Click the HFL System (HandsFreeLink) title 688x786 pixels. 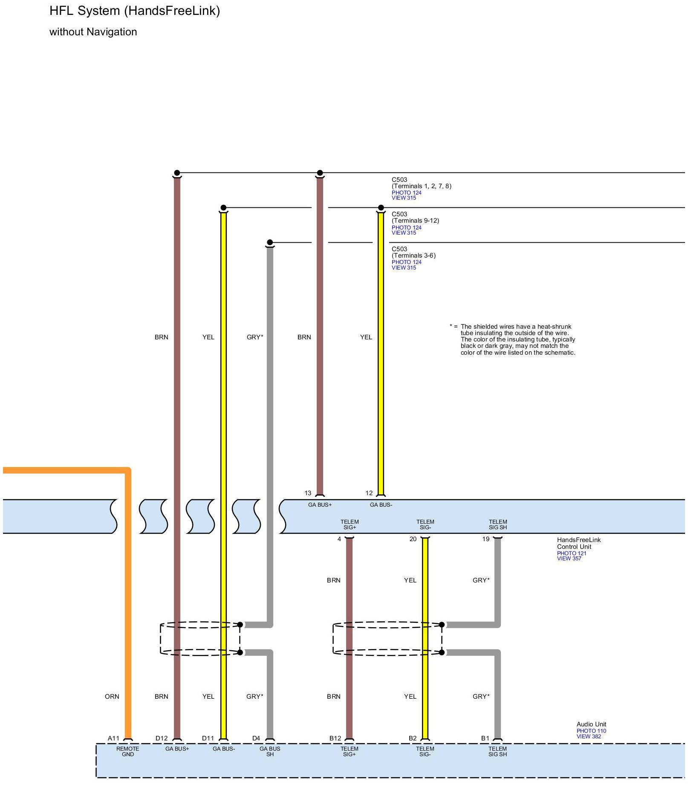tap(135, 11)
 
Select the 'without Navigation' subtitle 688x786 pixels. tap(93, 32)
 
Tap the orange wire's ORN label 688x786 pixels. tap(112, 696)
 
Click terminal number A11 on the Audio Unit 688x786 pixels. tap(113, 738)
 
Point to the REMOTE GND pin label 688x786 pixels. tap(128, 751)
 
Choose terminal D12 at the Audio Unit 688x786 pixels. tap(162, 738)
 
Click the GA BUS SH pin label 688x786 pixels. tap(270, 751)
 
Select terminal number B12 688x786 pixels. tap(335, 738)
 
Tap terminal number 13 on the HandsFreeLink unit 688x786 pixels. tap(308, 493)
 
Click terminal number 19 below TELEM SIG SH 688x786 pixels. tap(486, 539)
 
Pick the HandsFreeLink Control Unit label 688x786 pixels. tap(578, 543)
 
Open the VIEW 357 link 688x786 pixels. tap(569, 558)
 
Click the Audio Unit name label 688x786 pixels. tap(591, 724)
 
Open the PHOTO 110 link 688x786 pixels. tap(591, 731)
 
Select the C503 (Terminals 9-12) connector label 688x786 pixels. tap(415, 217)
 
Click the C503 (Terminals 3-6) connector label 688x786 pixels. tap(413, 252)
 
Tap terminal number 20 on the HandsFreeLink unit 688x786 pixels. tap(413, 539)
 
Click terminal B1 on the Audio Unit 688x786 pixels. tap(485, 738)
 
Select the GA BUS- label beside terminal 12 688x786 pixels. tap(381, 505)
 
